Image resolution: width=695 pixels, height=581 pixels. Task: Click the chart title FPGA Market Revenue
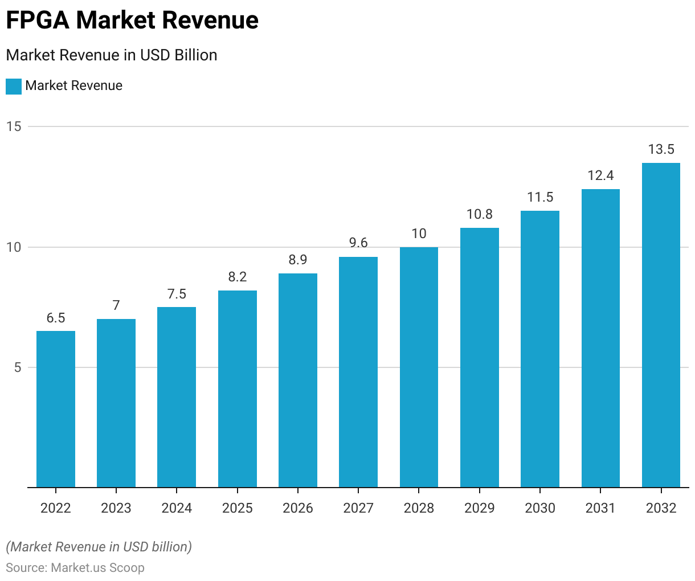coord(132,21)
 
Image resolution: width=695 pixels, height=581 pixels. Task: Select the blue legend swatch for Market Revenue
coord(13,86)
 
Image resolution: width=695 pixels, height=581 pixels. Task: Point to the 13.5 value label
coord(661,149)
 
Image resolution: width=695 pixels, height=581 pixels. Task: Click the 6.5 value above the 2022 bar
coord(56,318)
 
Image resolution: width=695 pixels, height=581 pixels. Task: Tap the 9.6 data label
coord(358,243)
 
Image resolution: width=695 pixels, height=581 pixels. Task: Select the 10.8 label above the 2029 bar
coord(480,214)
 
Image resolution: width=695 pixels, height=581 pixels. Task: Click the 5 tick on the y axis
coord(17,367)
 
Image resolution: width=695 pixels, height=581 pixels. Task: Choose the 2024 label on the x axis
coord(177,508)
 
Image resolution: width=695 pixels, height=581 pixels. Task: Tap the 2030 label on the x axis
coord(540,508)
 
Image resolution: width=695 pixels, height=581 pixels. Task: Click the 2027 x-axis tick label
coord(358,508)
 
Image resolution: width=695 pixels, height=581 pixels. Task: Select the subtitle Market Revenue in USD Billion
coord(112,55)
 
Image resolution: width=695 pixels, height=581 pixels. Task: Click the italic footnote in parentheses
coord(99,547)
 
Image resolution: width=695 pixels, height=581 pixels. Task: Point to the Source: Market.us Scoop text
coord(75,568)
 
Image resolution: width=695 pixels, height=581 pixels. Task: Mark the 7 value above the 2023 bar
coord(116,305)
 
